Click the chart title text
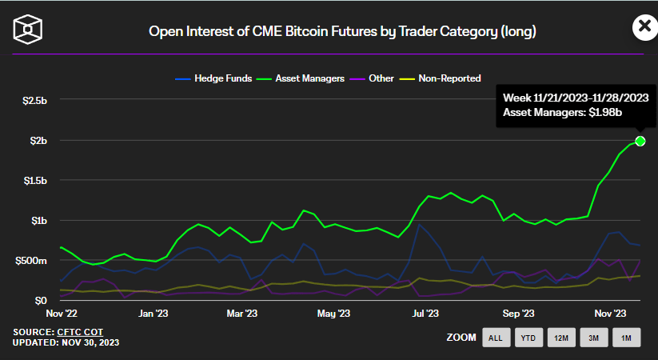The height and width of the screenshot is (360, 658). [342, 32]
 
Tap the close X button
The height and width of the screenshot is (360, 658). [643, 27]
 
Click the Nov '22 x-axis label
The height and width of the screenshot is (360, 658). [62, 315]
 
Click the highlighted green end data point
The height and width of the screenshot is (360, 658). [640, 142]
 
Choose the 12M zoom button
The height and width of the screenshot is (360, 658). [560, 338]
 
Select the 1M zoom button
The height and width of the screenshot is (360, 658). [626, 338]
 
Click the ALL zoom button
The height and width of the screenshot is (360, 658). [496, 338]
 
